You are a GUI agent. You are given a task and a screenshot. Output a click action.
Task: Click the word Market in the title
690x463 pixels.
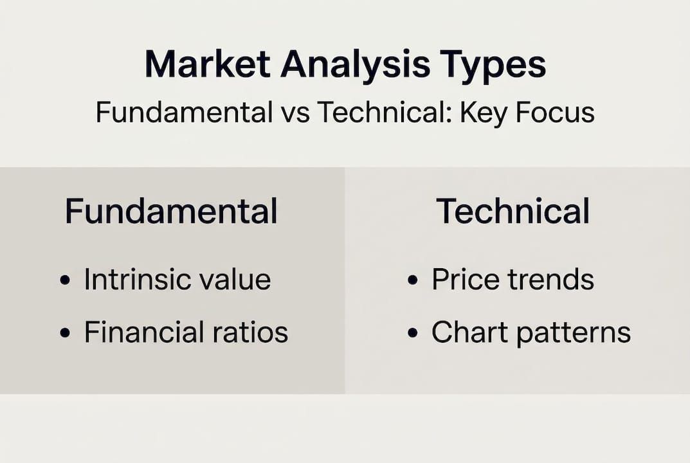(x=206, y=64)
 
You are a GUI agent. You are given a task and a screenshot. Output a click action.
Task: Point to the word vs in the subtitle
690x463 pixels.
(x=294, y=113)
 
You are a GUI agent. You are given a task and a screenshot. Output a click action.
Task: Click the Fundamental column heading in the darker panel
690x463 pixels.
(x=171, y=211)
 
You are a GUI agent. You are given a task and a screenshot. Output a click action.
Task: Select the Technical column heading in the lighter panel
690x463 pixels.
(x=513, y=211)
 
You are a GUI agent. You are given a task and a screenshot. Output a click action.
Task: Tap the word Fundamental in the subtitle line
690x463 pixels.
(x=184, y=113)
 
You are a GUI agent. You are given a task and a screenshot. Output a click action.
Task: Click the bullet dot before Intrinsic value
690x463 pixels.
(x=64, y=281)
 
